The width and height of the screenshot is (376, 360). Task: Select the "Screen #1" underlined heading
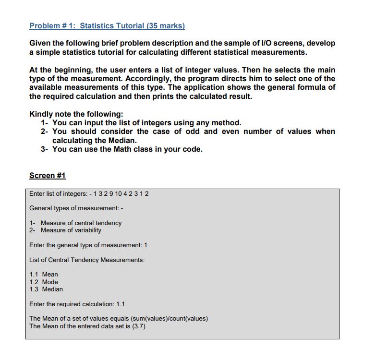[47, 176]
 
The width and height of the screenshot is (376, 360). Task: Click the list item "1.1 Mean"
[44, 275]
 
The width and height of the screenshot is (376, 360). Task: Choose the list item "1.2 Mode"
[44, 282]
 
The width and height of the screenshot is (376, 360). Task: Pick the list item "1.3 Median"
[46, 289]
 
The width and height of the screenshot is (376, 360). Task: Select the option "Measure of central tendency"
[81, 223]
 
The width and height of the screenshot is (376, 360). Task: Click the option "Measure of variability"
[71, 230]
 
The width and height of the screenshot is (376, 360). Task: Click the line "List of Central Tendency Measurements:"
[87, 260]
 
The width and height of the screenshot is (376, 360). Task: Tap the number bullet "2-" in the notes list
[46, 132]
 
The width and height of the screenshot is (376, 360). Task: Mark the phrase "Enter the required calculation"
[71, 304]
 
